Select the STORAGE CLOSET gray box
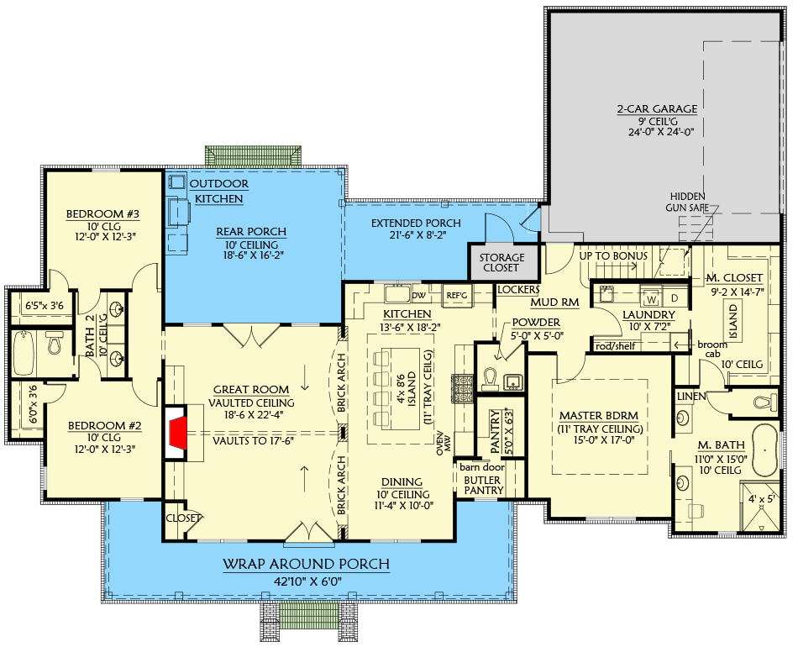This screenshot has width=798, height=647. (x=502, y=262)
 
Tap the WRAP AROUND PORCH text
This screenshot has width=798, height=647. (x=306, y=565)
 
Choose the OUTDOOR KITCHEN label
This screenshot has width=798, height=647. (x=218, y=191)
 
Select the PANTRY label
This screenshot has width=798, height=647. (x=496, y=428)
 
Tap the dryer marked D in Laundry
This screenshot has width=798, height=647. (x=674, y=297)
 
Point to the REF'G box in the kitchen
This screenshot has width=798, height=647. (x=456, y=295)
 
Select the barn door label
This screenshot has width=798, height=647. (x=480, y=465)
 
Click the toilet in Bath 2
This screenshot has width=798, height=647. (x=55, y=344)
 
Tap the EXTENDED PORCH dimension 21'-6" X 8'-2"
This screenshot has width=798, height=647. (x=417, y=237)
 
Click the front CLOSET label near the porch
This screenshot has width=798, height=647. (x=184, y=518)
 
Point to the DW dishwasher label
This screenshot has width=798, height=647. (x=418, y=295)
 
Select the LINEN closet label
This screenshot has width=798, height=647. (x=690, y=396)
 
